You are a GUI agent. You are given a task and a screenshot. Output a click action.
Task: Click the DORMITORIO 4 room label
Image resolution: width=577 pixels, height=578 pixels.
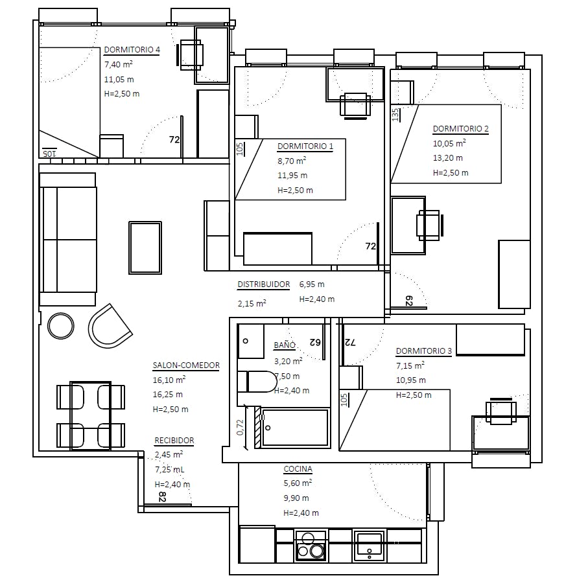point(132,49)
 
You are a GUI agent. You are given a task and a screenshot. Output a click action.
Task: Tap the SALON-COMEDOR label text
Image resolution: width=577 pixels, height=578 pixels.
point(186,365)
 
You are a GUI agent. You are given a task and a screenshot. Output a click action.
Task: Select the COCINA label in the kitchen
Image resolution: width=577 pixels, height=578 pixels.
point(298,469)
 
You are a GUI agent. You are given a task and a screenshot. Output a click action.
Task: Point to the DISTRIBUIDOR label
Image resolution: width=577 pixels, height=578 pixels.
point(263,284)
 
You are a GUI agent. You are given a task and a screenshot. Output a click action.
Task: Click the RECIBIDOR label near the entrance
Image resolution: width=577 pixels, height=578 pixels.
point(174,441)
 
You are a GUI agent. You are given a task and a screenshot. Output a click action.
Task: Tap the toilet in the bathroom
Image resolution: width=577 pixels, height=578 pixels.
point(257,382)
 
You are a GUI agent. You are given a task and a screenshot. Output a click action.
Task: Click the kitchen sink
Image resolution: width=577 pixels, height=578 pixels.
point(369,546)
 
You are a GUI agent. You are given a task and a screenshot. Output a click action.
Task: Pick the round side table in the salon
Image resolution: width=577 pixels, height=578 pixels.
point(61,326)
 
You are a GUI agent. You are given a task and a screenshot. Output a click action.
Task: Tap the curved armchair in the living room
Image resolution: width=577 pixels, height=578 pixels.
point(110,326)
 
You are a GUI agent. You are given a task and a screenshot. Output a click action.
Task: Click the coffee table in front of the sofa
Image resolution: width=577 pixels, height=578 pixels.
point(145,248)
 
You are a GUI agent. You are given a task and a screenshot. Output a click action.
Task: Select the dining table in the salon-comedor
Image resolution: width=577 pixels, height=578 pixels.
point(90,416)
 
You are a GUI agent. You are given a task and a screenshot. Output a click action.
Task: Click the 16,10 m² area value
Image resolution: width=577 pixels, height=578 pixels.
point(169,380)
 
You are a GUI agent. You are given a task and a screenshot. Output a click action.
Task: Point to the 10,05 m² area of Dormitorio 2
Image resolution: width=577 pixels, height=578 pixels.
point(449,143)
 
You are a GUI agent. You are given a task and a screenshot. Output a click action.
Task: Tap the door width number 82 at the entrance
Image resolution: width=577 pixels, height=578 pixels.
point(162,496)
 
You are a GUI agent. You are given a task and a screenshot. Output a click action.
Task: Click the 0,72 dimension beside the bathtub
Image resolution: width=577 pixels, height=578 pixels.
point(240,427)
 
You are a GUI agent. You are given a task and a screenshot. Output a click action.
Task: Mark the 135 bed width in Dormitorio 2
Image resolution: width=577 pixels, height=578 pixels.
point(395,115)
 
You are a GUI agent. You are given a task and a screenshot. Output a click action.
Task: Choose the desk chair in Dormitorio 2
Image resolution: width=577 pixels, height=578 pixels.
point(429,225)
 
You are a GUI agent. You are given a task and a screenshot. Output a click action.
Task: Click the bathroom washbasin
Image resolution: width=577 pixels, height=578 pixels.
point(250,341)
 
